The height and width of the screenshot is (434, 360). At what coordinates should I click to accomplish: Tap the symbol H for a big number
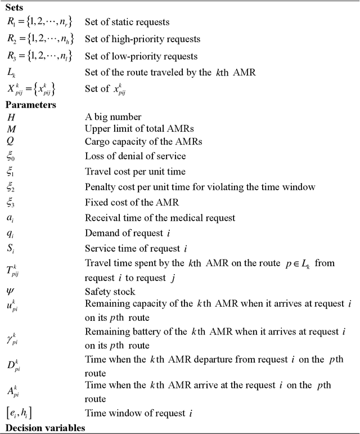pyautogui.click(x=12, y=117)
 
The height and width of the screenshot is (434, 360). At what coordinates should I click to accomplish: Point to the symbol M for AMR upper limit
pyautogui.click(x=12, y=129)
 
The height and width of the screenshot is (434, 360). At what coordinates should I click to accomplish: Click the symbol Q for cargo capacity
pyautogui.click(x=12, y=141)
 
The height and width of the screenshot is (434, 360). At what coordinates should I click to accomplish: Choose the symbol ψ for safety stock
pyautogui.click(x=11, y=291)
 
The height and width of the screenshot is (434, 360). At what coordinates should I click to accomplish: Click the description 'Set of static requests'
pyautogui.click(x=127, y=23)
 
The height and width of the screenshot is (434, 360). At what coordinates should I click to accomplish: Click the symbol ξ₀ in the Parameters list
pyautogui.click(x=12, y=157)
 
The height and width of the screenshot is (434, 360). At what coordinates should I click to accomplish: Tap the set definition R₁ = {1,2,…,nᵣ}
pyautogui.click(x=39, y=23)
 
